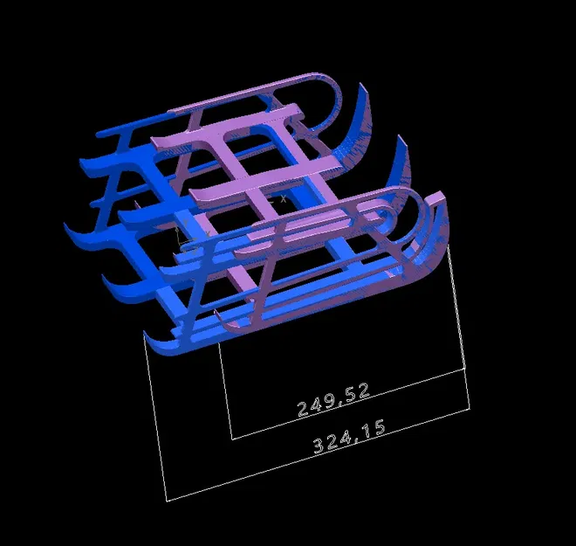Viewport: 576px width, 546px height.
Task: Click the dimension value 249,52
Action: pyautogui.click(x=333, y=397)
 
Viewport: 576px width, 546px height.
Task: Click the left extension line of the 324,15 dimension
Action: pyautogui.click(x=155, y=419)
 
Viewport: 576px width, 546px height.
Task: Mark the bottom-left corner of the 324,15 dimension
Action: pyautogui.click(x=167, y=501)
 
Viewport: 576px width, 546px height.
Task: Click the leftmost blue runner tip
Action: pyautogui.click(x=68, y=229)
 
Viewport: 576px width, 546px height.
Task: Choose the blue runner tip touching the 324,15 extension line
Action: pyautogui.click(x=148, y=337)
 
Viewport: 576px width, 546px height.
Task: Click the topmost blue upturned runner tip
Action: pyautogui.click(x=359, y=87)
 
